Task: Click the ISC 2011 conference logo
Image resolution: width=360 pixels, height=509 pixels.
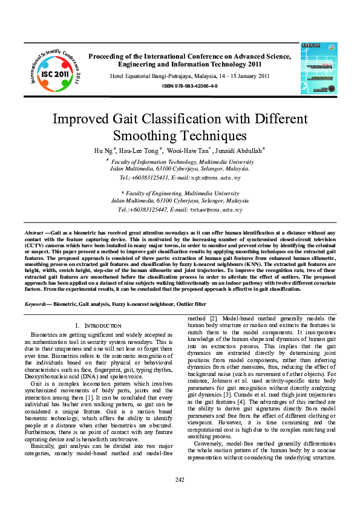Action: (54, 70)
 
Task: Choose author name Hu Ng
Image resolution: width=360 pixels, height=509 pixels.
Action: (103, 151)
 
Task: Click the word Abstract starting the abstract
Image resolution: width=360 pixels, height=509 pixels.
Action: (33, 232)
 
